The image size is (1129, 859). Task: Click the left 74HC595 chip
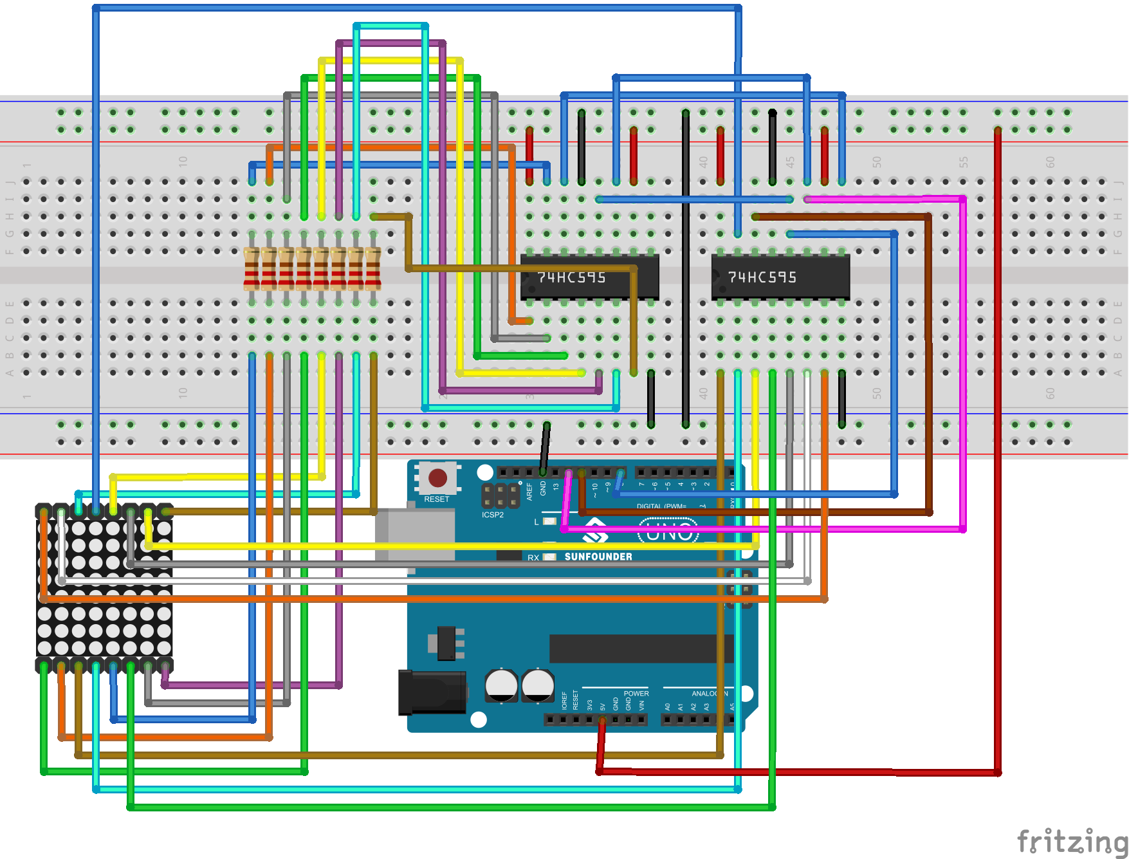[589, 277]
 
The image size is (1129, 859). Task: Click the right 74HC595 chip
[780, 277]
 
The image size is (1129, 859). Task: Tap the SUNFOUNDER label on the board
[598, 557]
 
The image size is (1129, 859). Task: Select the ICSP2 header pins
[500, 495]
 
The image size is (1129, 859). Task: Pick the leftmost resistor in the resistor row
[252, 268]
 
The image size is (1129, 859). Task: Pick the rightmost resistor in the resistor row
[373, 268]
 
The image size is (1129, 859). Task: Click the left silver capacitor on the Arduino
[501, 685]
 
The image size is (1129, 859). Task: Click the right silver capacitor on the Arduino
[538, 685]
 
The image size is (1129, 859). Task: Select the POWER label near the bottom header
[636, 694]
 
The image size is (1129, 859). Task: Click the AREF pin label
[529, 492]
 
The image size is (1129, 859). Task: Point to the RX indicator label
[533, 557]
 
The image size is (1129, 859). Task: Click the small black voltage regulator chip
[446, 643]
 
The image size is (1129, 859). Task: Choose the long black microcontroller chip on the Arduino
[640, 649]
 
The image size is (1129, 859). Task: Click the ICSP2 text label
[493, 515]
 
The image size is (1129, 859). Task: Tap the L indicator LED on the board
[549, 521]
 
